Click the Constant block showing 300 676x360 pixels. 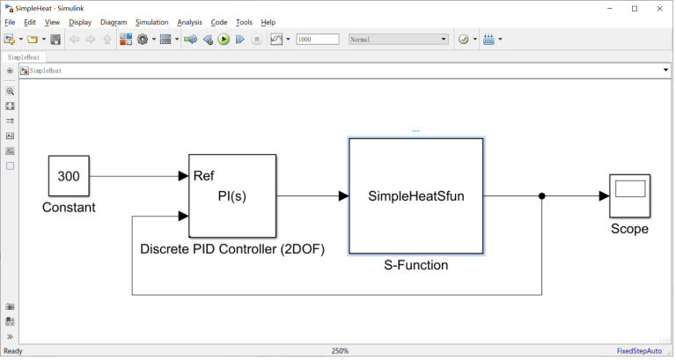coord(69,176)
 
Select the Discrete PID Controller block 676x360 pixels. coord(232,195)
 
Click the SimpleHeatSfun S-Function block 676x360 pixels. coord(415,196)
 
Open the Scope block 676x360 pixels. coord(629,195)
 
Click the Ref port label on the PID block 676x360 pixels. coord(203,175)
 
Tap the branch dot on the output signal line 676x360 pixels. coord(541,196)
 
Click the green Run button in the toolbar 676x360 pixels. coord(224,40)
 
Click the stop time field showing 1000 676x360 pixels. coord(317,40)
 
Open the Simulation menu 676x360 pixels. coord(151,22)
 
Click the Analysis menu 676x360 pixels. coord(189,22)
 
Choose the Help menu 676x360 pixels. coord(268,22)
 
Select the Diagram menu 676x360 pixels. coord(114,22)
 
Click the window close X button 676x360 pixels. coord(660,8)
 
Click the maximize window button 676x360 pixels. coord(635,8)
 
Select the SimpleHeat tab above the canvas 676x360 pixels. coord(23,56)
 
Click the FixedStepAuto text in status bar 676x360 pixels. coord(639,351)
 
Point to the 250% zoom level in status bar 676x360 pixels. coord(340,351)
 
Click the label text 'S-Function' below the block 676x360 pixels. coord(415,265)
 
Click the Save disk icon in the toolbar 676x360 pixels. coord(55,40)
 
